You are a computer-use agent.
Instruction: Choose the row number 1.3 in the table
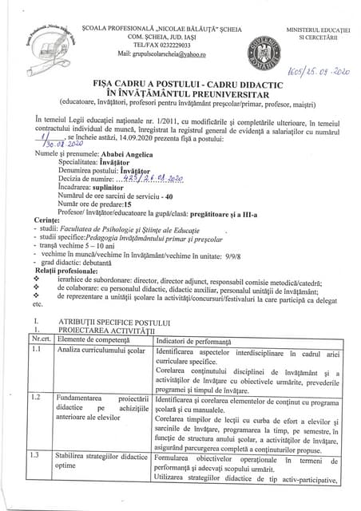[x=36, y=478]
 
